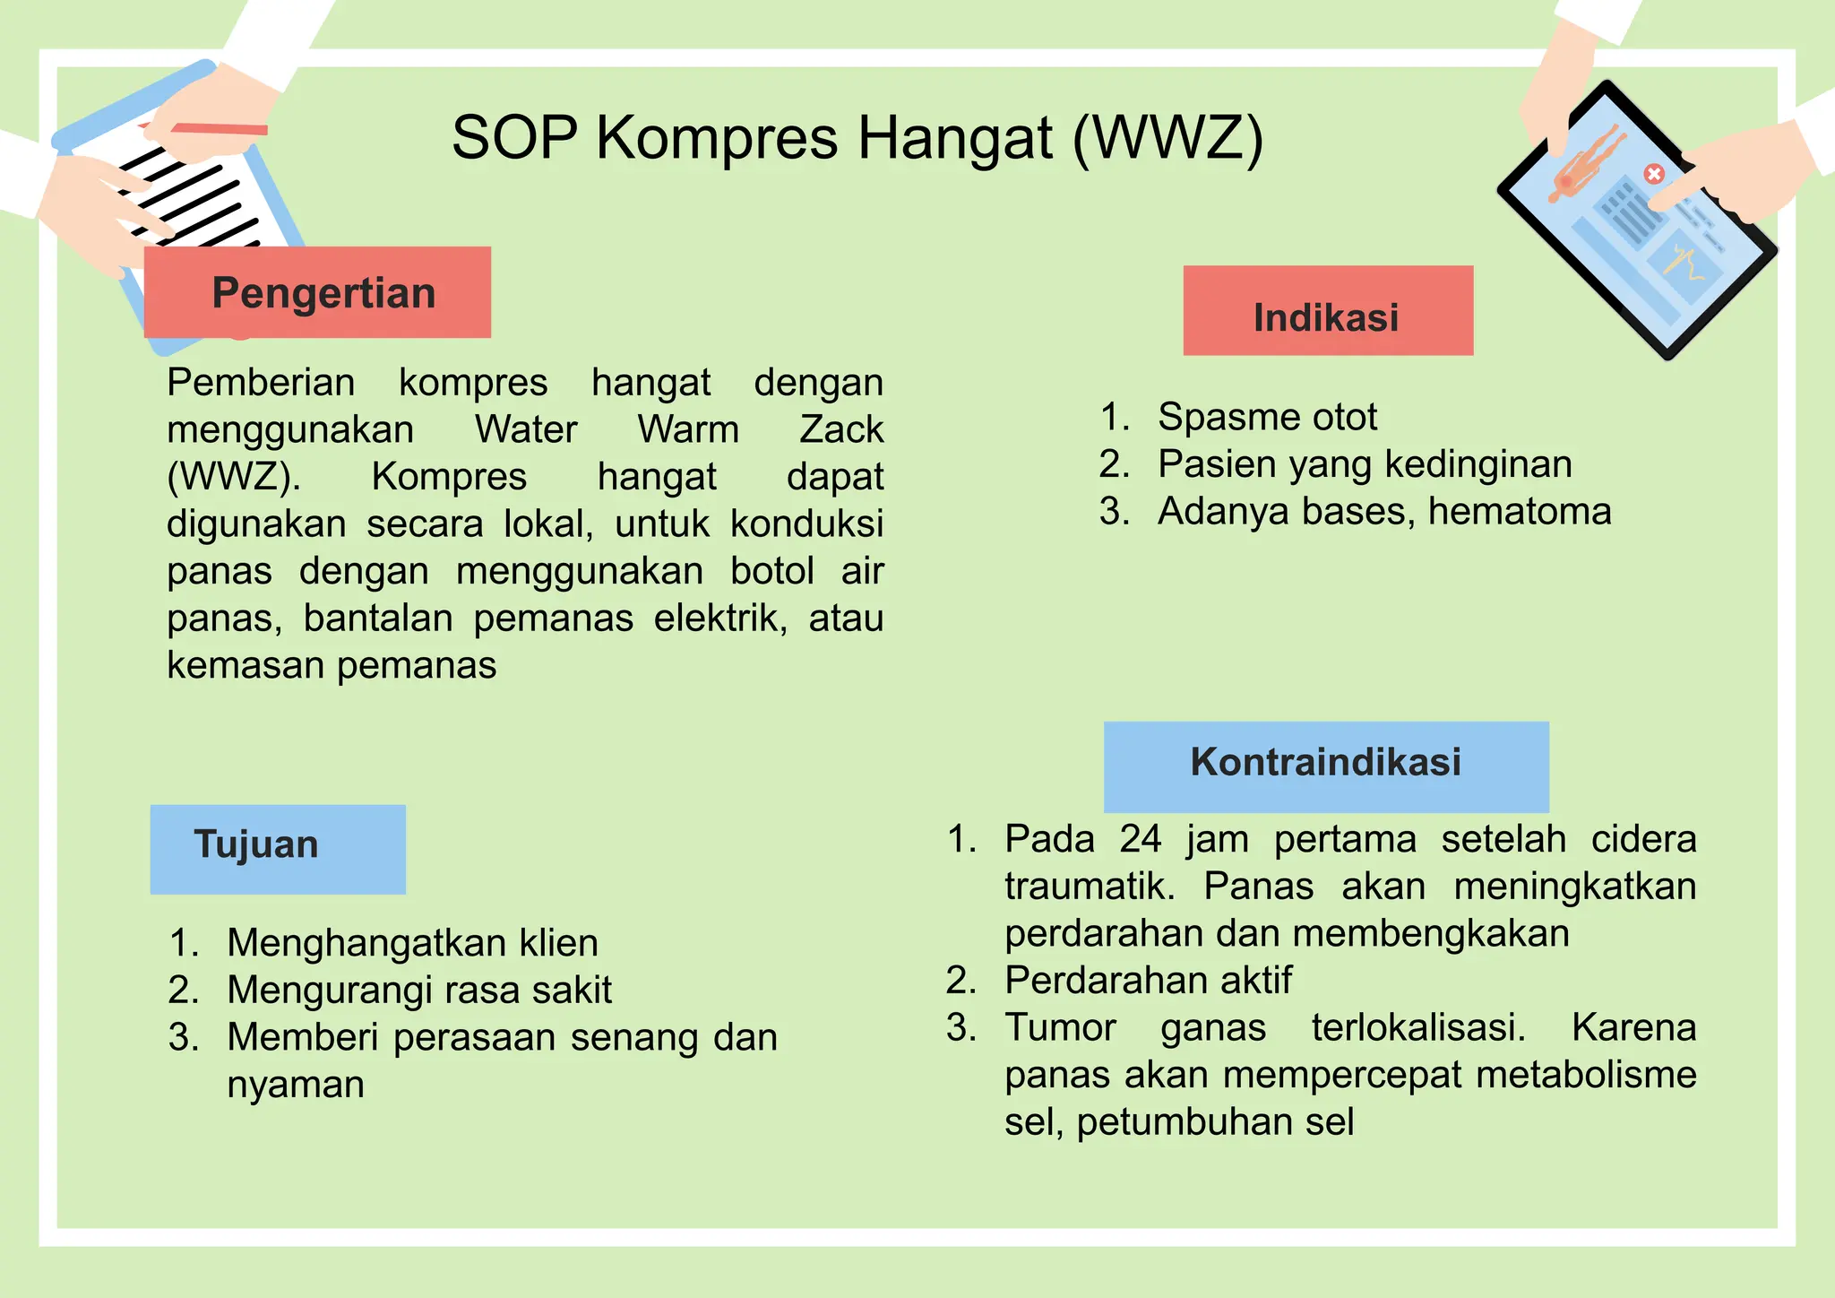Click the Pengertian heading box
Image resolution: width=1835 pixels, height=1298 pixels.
317,293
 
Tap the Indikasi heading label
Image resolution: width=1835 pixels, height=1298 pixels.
1327,317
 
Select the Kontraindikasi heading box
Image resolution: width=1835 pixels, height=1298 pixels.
1326,763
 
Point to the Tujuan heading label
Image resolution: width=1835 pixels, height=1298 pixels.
257,845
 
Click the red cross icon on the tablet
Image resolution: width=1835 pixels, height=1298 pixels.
1654,173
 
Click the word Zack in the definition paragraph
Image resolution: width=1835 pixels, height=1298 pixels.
840,429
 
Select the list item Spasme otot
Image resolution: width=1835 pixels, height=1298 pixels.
1267,417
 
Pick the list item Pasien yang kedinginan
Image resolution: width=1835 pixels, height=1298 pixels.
1364,464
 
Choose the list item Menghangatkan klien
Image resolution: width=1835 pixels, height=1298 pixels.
412,943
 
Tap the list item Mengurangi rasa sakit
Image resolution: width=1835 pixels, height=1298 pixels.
419,991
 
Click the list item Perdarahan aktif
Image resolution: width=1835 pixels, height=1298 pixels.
1148,981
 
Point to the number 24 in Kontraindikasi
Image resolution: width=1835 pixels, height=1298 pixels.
1140,839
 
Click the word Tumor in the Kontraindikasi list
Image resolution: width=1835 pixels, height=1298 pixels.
1060,1027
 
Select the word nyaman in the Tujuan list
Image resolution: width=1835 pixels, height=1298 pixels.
296,1085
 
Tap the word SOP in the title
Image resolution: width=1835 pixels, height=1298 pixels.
513,139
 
